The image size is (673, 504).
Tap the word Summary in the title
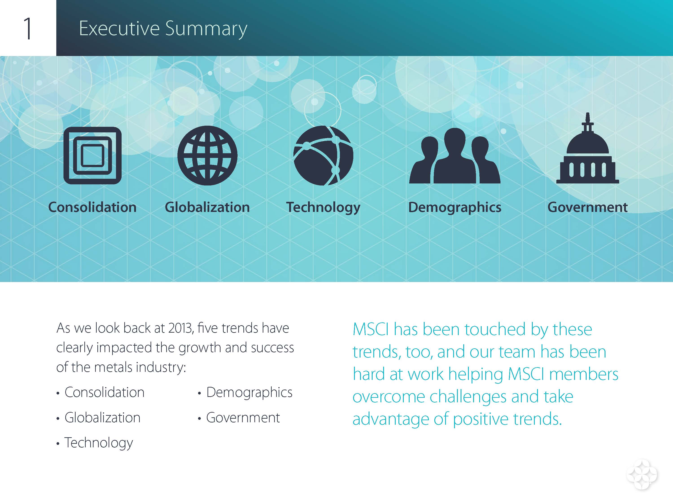(x=206, y=29)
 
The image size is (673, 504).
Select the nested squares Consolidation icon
(x=92, y=155)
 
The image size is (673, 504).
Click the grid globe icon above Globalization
(x=207, y=155)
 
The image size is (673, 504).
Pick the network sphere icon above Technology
(x=323, y=155)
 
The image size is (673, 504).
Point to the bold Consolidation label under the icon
(x=92, y=207)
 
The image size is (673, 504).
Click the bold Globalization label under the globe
(x=207, y=207)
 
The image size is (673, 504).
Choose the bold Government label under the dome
(x=588, y=207)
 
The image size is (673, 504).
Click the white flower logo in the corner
(x=642, y=474)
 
